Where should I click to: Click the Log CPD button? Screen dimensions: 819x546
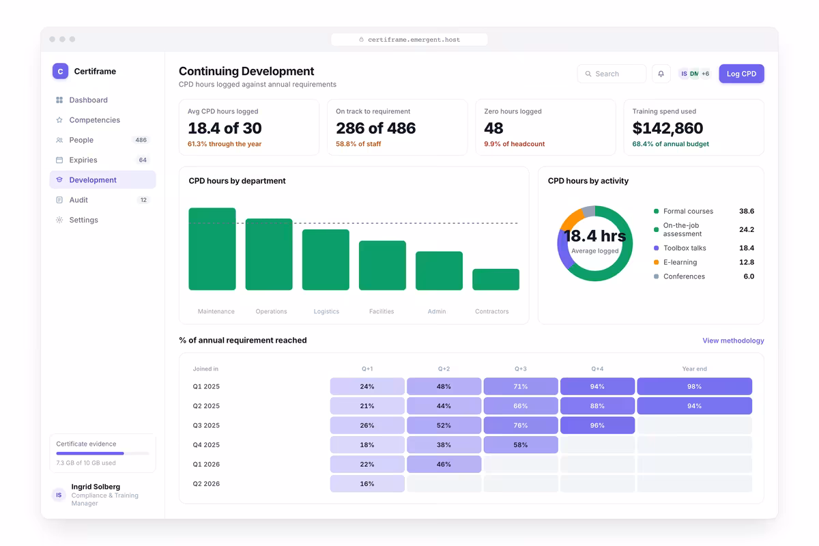coord(741,74)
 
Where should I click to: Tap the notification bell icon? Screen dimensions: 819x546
coord(661,74)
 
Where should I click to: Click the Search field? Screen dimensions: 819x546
coord(612,74)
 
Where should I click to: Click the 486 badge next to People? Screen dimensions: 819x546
coord(141,140)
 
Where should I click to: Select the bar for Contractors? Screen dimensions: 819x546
coord(495,279)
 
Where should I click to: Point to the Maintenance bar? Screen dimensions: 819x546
coord(212,249)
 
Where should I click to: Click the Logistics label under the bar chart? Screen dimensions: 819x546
coord(326,311)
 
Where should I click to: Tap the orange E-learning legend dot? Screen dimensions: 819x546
coord(657,262)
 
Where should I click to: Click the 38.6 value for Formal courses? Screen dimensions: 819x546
coord(747,211)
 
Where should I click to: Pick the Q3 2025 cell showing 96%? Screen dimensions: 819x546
coord(597,425)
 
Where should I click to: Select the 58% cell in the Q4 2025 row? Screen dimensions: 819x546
coord(521,445)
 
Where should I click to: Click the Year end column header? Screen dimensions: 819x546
coord(694,369)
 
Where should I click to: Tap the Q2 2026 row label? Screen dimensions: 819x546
coord(206,483)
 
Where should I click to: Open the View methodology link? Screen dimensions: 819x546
coord(733,341)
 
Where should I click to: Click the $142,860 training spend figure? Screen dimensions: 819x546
coord(667,128)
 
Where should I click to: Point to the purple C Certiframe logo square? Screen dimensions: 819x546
coord(60,71)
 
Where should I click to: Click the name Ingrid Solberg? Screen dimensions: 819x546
coord(96,487)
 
